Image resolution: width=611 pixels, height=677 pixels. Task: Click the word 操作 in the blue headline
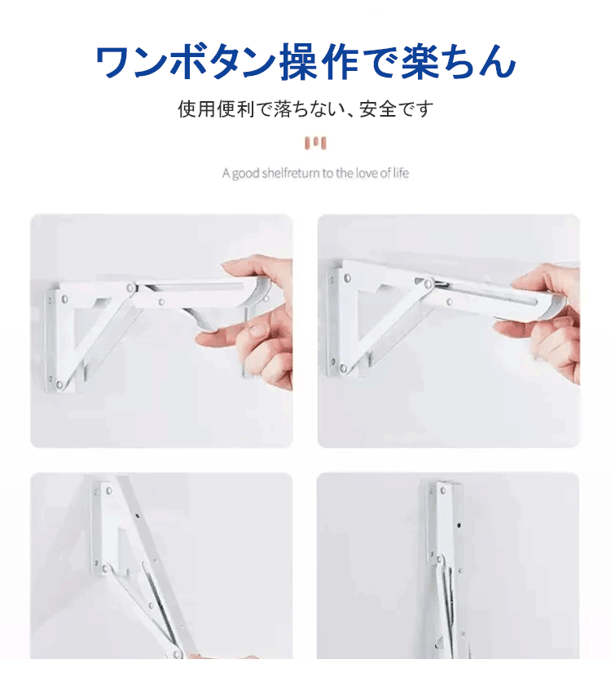tap(319, 62)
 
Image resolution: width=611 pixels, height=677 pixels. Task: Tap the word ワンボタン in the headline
tap(186, 62)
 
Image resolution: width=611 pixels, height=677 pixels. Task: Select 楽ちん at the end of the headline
tap(459, 62)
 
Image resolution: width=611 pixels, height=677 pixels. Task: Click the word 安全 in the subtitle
tap(378, 108)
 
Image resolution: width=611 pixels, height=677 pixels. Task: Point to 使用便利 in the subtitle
tap(216, 108)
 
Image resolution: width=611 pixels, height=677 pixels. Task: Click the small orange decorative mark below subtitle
tap(315, 143)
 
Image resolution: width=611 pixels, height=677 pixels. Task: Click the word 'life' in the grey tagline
tap(401, 173)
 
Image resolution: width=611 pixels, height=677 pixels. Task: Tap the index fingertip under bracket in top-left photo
tap(204, 339)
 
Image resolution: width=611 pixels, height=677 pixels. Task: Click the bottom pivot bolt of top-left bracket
tap(59, 384)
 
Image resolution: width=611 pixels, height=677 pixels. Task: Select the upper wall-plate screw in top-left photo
tap(64, 299)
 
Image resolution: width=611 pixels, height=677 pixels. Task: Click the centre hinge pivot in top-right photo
tap(429, 284)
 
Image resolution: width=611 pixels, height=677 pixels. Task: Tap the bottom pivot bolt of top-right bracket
tap(343, 369)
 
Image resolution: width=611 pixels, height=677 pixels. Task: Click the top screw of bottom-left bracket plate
tap(108, 490)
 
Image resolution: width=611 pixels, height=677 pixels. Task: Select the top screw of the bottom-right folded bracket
tap(443, 490)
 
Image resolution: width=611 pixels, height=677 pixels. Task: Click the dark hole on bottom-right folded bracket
tap(459, 525)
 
